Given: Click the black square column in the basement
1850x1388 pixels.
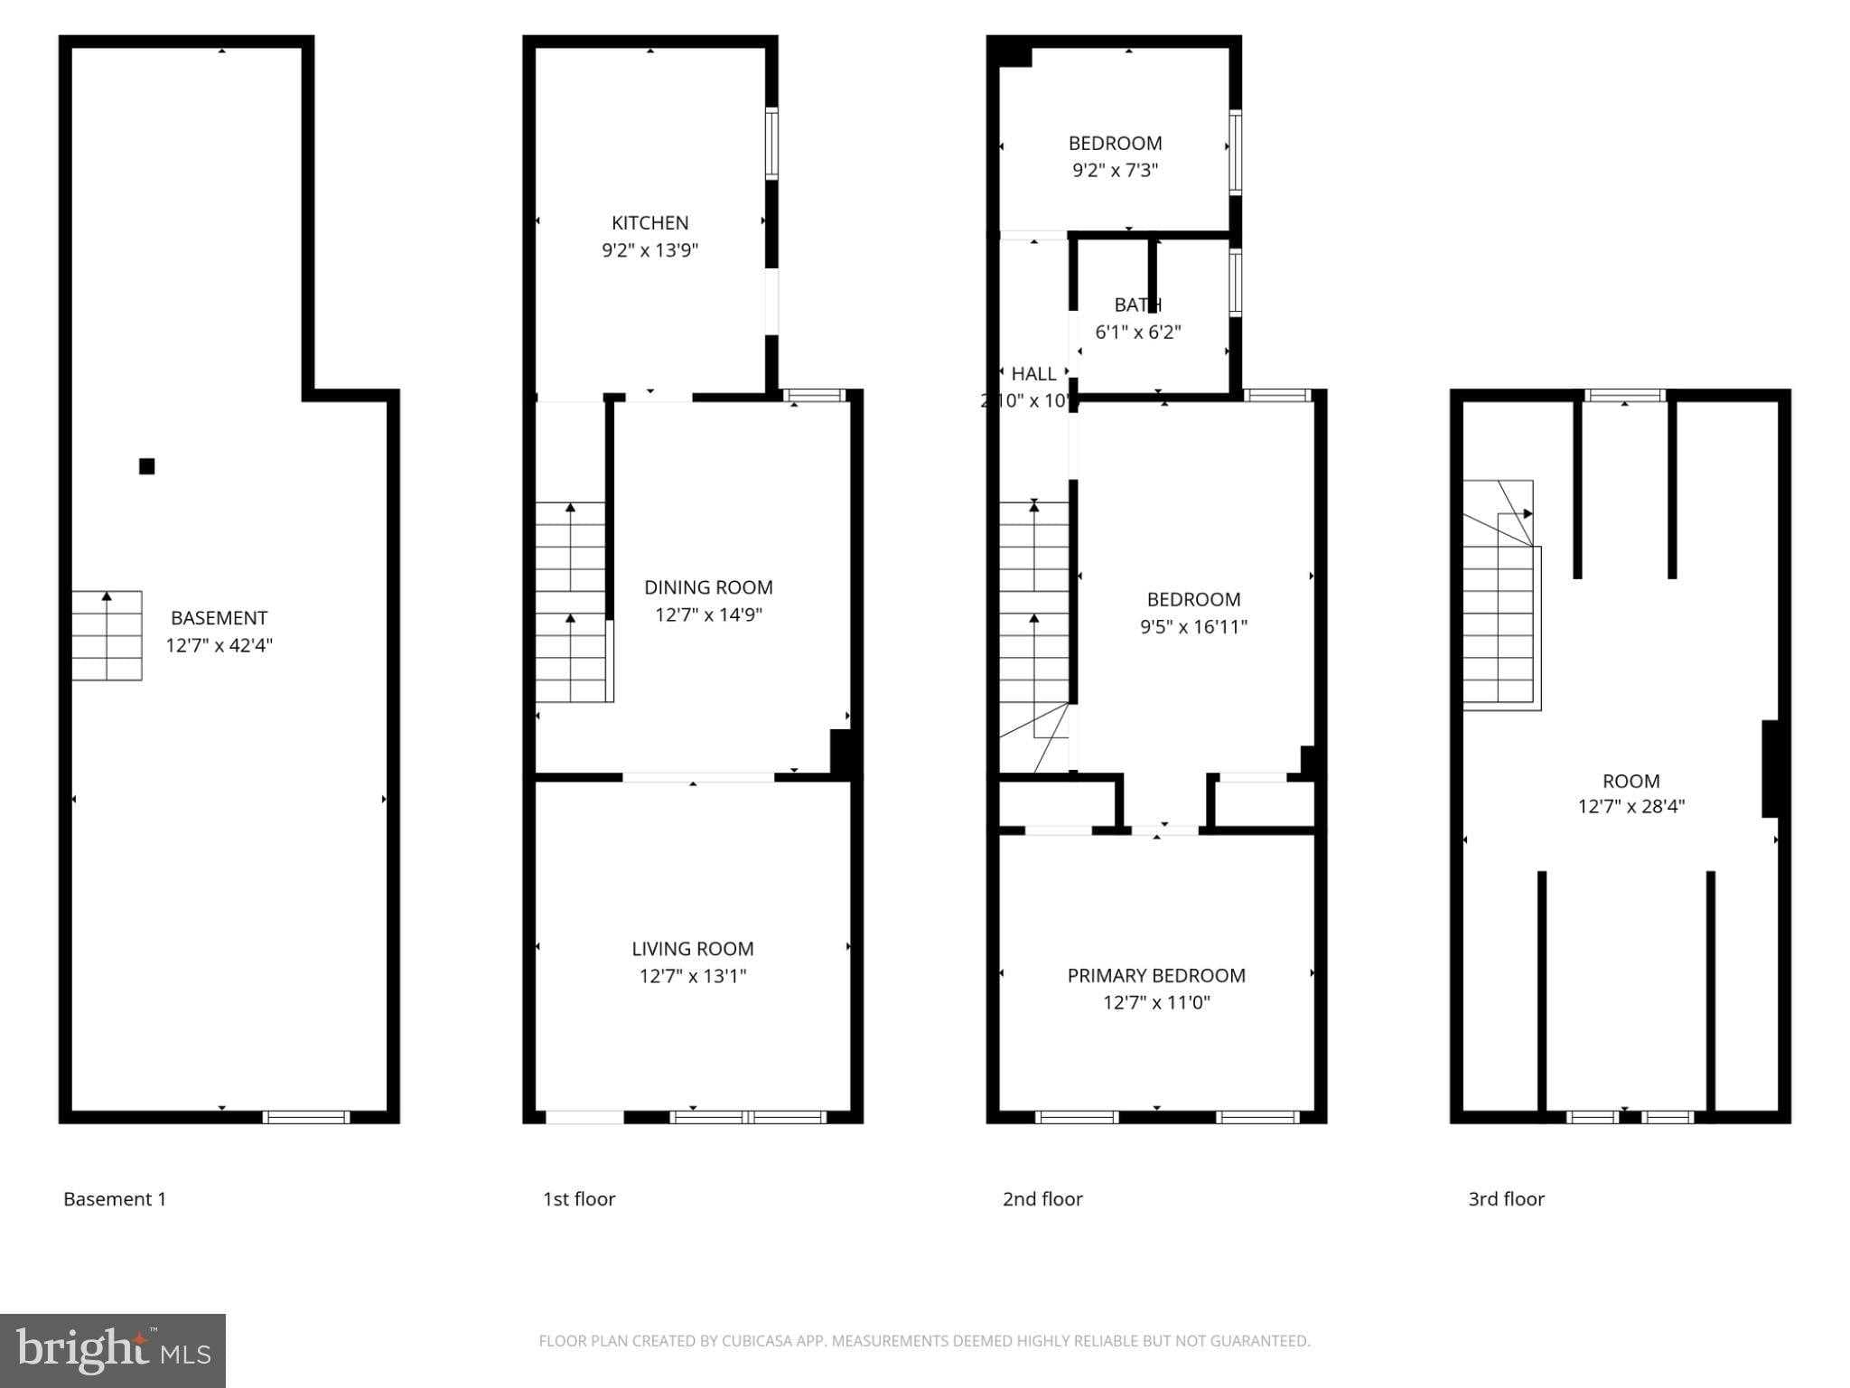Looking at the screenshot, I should pyautogui.click(x=146, y=466).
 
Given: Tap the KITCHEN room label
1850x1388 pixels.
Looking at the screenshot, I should pyautogui.click(x=649, y=222).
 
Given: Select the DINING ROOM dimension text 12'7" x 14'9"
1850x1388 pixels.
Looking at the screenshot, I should pyautogui.click(x=708, y=614).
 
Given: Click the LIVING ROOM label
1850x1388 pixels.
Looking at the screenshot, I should pyautogui.click(x=692, y=949).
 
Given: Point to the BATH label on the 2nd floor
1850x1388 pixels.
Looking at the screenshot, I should pyautogui.click(x=1137, y=305).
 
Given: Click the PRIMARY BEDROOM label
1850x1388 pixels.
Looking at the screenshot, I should pyautogui.click(x=1156, y=975).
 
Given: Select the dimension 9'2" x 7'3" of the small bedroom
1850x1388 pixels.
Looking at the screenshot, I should pyautogui.click(x=1115, y=170).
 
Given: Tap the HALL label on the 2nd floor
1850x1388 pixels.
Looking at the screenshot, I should pyautogui.click(x=1033, y=373).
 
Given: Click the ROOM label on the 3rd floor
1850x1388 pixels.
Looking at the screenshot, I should pyautogui.click(x=1630, y=781).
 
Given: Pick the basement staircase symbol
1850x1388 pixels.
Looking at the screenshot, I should pyautogui.click(x=107, y=635).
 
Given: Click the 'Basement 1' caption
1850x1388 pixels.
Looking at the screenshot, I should pyautogui.click(x=115, y=1199).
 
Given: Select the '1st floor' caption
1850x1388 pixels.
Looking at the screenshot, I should pyautogui.click(x=578, y=1199).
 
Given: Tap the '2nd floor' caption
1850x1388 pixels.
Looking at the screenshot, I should pyautogui.click(x=1042, y=1199).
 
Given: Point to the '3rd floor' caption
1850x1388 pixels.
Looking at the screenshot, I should pyautogui.click(x=1506, y=1199).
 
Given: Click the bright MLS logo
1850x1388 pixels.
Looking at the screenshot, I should pyautogui.click(x=113, y=1350).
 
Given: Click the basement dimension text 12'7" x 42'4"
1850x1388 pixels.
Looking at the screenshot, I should pyautogui.click(x=219, y=645).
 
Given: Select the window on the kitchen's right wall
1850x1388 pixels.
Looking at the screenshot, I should pyautogui.click(x=771, y=144).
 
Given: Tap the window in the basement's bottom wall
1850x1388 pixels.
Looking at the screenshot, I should pyautogui.click(x=306, y=1117).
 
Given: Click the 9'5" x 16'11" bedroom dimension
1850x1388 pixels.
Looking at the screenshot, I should pyautogui.click(x=1193, y=626).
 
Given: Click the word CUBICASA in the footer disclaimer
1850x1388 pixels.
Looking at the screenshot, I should pyautogui.click(x=757, y=1341).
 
